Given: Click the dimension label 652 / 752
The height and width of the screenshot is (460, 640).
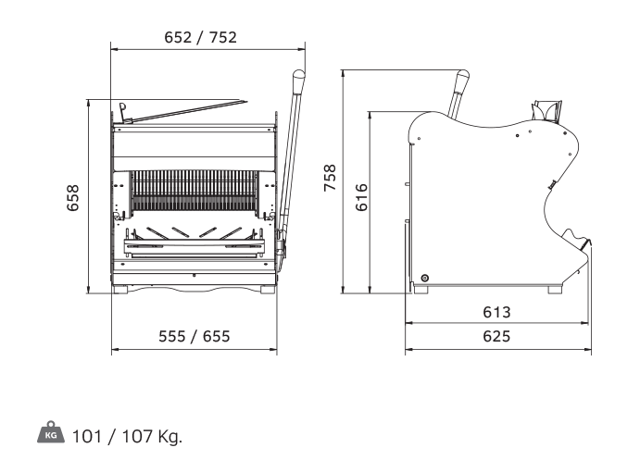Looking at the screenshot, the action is click(x=200, y=38).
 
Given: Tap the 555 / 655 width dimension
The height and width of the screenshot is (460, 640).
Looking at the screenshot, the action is click(x=195, y=336).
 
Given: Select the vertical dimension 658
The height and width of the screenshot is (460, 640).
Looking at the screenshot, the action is click(x=72, y=198).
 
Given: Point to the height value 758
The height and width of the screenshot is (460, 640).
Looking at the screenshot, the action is click(x=330, y=178).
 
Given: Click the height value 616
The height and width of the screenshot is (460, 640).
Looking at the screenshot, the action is click(x=361, y=197).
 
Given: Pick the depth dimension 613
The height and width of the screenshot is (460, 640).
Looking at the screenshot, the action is click(x=496, y=313).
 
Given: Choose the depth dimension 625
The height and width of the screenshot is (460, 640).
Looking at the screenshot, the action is click(x=496, y=336).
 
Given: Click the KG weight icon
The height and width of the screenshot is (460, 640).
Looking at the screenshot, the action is click(x=51, y=432).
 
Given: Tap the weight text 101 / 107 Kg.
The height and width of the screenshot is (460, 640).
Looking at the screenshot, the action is click(x=127, y=437).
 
